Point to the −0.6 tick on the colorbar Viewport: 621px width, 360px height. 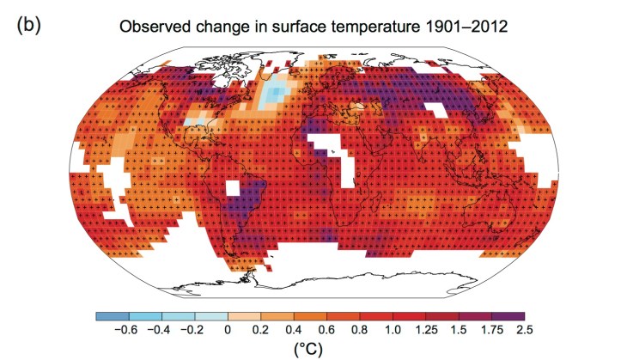(x=127, y=328)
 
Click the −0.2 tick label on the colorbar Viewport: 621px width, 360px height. (x=194, y=328)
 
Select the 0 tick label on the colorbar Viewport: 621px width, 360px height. (x=227, y=328)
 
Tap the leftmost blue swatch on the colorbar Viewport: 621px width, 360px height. (x=112, y=315)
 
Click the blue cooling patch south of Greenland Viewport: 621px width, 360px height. (x=277, y=96)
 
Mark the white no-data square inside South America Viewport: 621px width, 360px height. (x=233, y=187)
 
